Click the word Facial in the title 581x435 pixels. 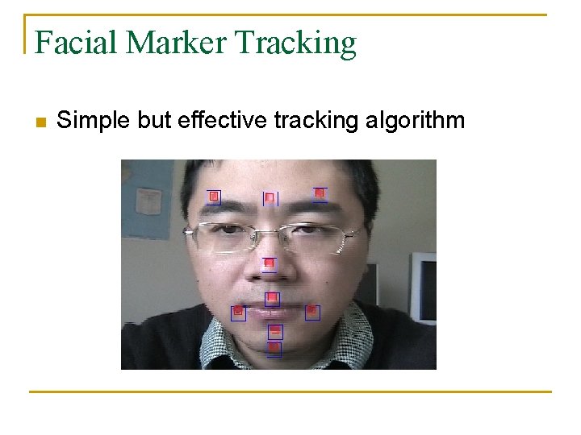click(74, 42)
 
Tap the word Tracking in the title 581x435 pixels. click(296, 42)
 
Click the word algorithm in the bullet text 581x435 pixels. click(415, 121)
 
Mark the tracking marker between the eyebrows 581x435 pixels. click(270, 198)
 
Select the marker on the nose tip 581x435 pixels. click(270, 263)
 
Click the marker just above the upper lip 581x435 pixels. click(273, 299)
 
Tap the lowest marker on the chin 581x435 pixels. click(274, 349)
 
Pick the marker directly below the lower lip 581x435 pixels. click(275, 331)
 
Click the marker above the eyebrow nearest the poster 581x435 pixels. click(214, 196)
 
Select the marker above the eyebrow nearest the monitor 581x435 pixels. click(320, 193)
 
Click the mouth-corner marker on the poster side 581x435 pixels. click(238, 313)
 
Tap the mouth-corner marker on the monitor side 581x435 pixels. click(312, 312)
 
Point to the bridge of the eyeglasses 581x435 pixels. click(273, 232)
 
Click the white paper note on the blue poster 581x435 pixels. click(148, 201)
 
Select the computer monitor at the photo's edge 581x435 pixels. click(424, 287)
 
